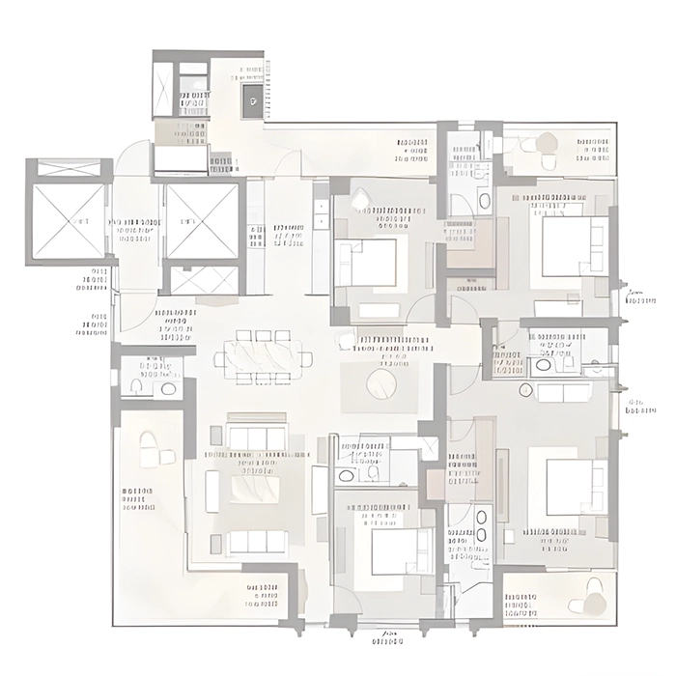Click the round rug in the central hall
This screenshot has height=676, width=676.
coord(381,384)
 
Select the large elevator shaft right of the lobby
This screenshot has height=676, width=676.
coord(202,220)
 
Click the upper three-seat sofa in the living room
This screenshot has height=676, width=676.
coord(256,437)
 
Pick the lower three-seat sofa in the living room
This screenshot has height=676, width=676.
coord(256,541)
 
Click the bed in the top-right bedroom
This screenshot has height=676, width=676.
coord(573,246)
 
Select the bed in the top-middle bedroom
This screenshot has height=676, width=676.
coord(367,262)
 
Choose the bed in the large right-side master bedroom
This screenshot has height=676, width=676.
coord(576,487)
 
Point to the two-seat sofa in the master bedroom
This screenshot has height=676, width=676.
coord(564,392)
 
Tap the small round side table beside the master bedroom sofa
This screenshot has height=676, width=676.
coord(526,390)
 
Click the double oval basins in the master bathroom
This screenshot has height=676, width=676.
coord(481,524)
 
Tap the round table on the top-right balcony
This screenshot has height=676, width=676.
coord(548,142)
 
